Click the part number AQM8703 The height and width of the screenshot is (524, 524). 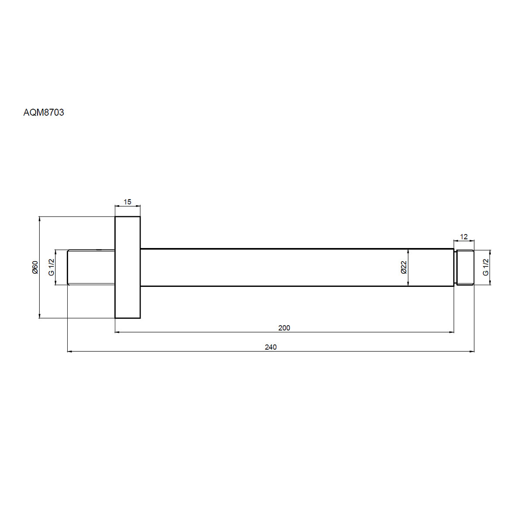tap(44, 112)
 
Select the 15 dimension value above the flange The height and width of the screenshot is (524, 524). tap(127, 202)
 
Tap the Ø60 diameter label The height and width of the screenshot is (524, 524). tap(35, 267)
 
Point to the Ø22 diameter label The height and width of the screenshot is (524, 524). tap(403, 267)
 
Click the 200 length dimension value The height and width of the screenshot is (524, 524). tap(284, 327)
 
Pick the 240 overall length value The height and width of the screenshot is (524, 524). tap(271, 347)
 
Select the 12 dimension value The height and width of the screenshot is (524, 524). tap(464, 237)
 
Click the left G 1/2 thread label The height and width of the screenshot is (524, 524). tap(52, 267)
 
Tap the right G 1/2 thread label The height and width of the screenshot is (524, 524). tap(486, 267)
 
